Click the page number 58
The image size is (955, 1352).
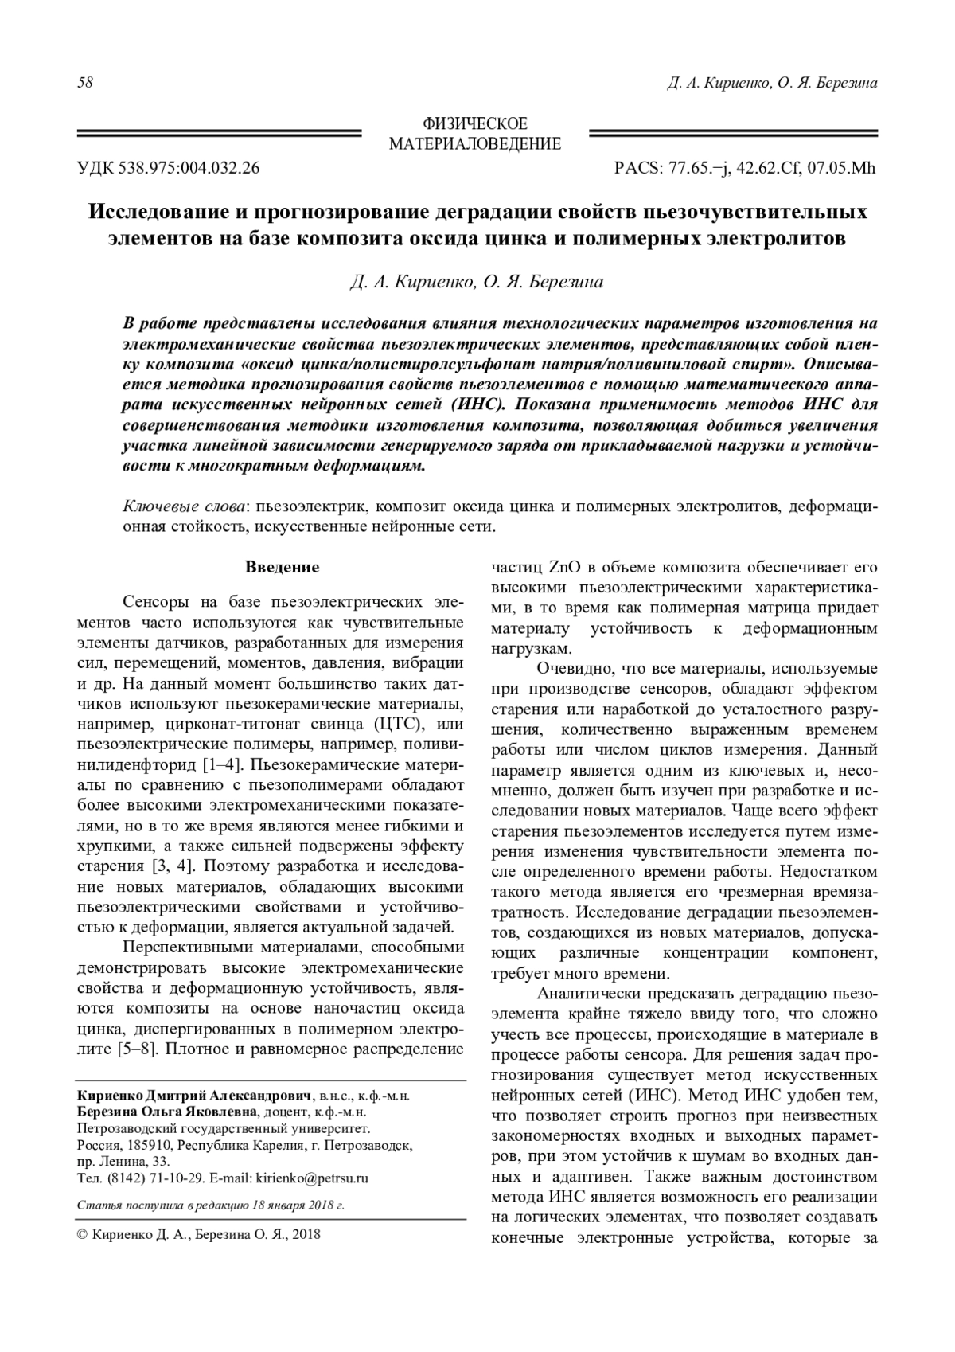(85, 83)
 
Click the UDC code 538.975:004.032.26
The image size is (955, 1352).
(189, 169)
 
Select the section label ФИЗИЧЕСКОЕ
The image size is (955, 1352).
(474, 125)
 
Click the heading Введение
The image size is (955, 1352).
(282, 567)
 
